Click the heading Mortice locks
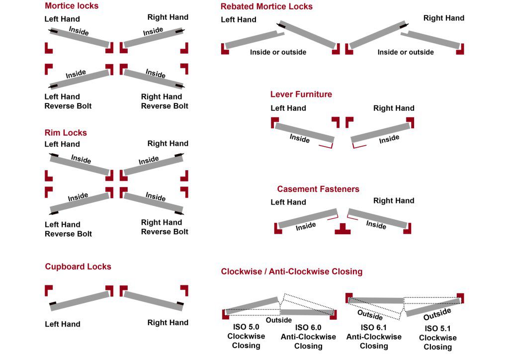tap(72, 6)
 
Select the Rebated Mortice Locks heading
tap(266, 6)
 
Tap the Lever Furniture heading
tap(301, 94)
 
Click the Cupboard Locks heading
tap(78, 267)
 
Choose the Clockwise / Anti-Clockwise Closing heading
tap(292, 271)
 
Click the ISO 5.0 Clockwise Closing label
tap(246, 336)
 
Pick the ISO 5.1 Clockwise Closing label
tap(437, 338)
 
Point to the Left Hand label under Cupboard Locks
tap(62, 324)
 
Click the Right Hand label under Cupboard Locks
tap(168, 323)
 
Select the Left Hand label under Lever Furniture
tap(288, 108)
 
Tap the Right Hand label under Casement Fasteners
tap(394, 200)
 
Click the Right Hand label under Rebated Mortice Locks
tap(444, 18)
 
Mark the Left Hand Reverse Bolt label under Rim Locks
tap(68, 229)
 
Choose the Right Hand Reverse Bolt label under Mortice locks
tap(165, 101)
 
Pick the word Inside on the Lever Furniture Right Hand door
tap(389, 139)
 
